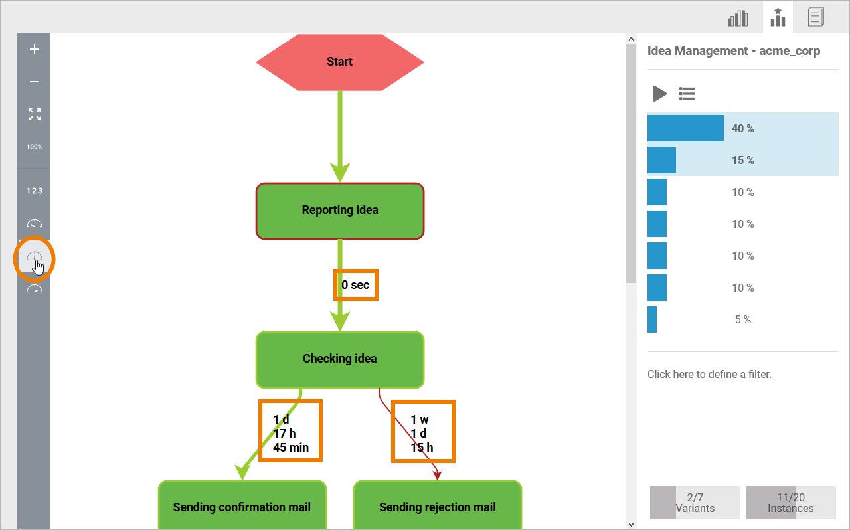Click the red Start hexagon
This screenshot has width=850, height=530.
[x=339, y=62]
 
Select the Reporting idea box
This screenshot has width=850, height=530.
[x=339, y=211]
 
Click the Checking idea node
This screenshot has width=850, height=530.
[x=339, y=359]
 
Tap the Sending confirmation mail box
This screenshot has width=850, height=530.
[x=242, y=507]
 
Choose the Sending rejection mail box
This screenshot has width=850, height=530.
[x=437, y=507]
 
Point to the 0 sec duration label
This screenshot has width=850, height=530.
[x=355, y=285]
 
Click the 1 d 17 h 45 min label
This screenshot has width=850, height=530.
[x=290, y=433]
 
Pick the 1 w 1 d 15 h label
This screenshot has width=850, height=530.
[x=422, y=433]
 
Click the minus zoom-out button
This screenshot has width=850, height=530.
[x=35, y=82]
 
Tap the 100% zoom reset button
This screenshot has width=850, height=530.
[x=35, y=147]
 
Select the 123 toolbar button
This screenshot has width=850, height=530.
[x=35, y=191]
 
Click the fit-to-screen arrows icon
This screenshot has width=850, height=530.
[x=35, y=114]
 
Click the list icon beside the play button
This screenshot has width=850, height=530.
[x=687, y=94]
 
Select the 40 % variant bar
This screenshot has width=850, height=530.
[x=685, y=128]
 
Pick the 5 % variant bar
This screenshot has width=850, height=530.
[x=652, y=319]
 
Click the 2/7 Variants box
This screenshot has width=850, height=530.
[x=695, y=503]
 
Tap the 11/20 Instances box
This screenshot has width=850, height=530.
[x=790, y=503]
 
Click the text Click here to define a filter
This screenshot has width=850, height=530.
[x=709, y=374]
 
